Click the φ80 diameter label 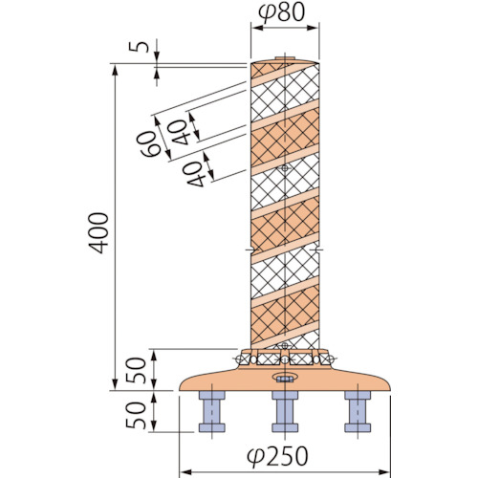(281, 12)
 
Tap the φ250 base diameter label (277, 456)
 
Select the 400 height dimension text (98, 233)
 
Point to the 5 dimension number (139, 47)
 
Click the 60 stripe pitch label (148, 144)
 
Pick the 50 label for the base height (136, 370)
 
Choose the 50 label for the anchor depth (136, 415)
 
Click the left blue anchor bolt (212, 411)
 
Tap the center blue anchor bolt (285, 411)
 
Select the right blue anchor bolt (358, 411)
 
